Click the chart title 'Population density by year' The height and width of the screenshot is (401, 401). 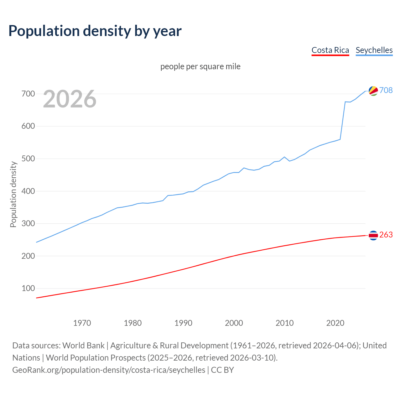coord(95,31)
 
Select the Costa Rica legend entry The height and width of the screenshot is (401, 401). coord(330,50)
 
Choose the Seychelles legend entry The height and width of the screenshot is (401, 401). coord(374,50)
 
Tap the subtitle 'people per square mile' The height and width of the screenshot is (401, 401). coord(200,66)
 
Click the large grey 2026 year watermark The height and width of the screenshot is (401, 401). coord(70,99)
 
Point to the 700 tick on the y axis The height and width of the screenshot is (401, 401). coord(28,94)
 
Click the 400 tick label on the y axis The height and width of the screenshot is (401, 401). coord(28,191)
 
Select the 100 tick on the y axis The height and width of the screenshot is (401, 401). coord(28,288)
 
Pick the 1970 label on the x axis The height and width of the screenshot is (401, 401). coord(82,323)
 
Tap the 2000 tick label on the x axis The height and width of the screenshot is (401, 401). coord(234,323)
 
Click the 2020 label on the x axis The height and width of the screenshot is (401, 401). coord(335,323)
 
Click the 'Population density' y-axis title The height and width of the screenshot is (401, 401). coord(13,194)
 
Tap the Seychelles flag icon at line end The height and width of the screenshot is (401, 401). coord(373,91)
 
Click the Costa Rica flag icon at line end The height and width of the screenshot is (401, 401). coord(373,235)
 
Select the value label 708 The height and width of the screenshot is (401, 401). coord(386,90)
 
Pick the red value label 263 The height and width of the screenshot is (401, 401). coord(386,235)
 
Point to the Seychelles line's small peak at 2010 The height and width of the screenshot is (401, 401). coord(284,157)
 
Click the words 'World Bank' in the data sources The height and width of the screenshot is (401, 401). coord(83,345)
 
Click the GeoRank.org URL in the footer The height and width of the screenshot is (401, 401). coord(109,370)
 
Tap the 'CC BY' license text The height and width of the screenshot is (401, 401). coord(222,370)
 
